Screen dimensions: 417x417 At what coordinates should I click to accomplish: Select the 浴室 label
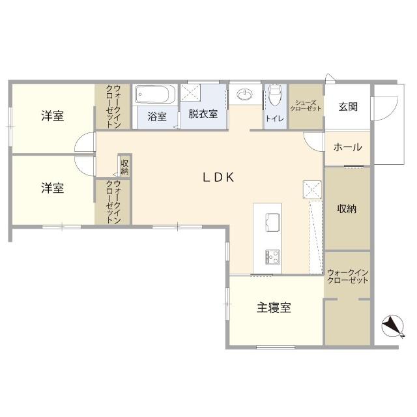click(156, 117)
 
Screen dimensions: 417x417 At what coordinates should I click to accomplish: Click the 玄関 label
click(347, 108)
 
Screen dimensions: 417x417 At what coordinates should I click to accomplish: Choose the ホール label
click(347, 147)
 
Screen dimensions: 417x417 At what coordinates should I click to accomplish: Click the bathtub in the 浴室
click(156, 96)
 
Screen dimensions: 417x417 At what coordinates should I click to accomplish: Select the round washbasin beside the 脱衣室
click(245, 96)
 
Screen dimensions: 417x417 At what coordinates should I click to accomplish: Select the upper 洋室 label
click(53, 117)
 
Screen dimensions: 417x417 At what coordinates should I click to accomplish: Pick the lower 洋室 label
click(53, 188)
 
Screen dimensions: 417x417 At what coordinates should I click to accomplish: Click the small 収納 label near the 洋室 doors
click(124, 166)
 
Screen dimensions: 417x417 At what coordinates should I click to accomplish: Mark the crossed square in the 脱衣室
click(193, 92)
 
